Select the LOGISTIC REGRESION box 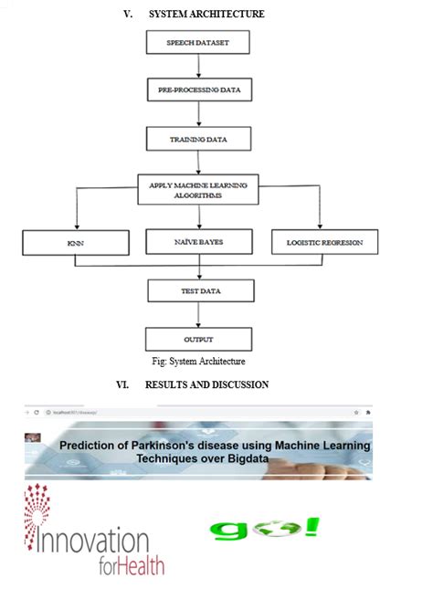pos(324,242)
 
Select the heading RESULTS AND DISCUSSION pos(206,384)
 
